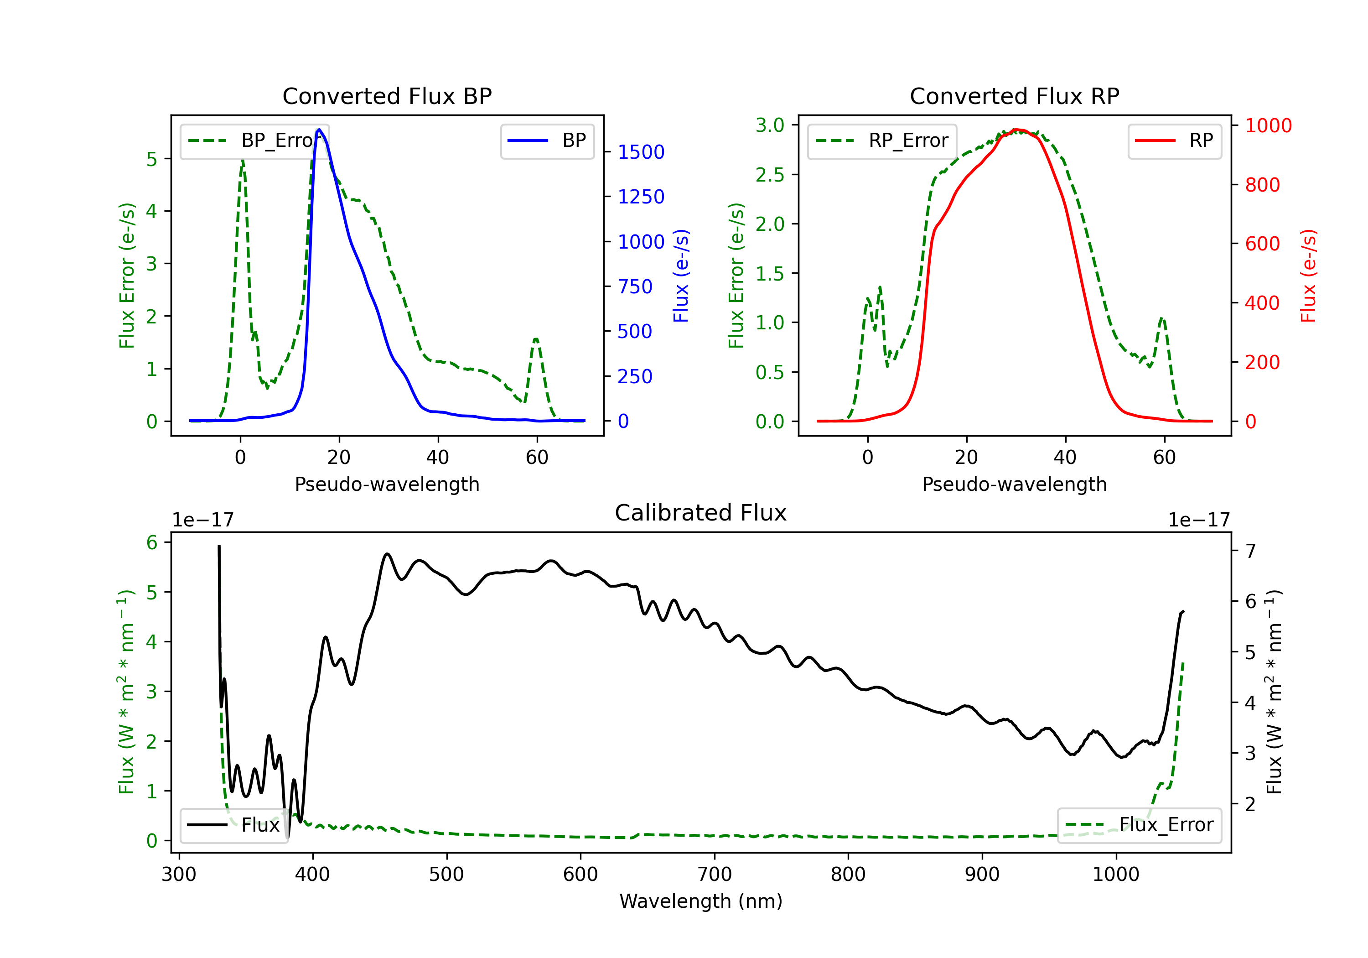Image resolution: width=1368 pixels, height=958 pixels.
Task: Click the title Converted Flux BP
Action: click(387, 96)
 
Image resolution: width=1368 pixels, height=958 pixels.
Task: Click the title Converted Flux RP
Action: click(1014, 96)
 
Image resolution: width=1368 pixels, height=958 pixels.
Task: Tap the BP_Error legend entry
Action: click(255, 141)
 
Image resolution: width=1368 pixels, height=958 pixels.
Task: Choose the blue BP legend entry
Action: click(547, 141)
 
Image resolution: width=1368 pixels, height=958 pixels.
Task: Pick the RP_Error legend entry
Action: click(882, 141)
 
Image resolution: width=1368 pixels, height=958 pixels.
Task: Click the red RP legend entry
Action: click(1174, 141)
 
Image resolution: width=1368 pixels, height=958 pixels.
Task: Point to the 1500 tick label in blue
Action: click(641, 152)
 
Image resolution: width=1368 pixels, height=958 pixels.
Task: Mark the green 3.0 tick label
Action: click(770, 125)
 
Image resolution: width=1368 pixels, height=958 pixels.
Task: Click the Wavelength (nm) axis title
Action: click(701, 901)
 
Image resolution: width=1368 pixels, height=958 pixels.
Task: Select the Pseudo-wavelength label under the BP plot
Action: click(387, 484)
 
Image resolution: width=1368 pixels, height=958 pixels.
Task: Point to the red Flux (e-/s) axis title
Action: click(1308, 276)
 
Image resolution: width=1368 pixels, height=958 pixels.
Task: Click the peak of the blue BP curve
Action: click(319, 130)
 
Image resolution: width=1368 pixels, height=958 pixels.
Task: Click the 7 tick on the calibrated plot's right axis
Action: click(1251, 551)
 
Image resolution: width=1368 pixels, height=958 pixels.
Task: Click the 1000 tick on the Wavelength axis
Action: click(1115, 875)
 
